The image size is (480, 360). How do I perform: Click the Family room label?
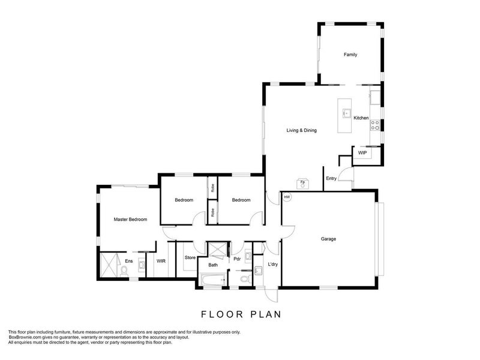[x=350, y=55]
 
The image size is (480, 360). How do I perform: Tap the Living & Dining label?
[x=302, y=130]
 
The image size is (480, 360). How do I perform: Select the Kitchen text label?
[x=361, y=118]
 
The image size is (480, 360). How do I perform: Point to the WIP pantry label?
[x=362, y=153]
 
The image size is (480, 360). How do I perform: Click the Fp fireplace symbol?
[x=303, y=184]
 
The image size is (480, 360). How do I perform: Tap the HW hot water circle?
[x=287, y=197]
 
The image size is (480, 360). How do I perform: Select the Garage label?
[x=328, y=239]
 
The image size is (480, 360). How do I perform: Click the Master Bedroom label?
[x=130, y=220]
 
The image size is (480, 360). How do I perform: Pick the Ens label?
[x=129, y=261]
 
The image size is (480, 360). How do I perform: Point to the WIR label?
[x=161, y=261]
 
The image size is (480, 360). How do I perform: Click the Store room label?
[x=190, y=258]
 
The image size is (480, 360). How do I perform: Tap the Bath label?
[x=213, y=265]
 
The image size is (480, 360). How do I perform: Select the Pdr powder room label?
[x=237, y=259]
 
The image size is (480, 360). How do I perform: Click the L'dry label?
[x=273, y=264]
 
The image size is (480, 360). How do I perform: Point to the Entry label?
[x=331, y=178]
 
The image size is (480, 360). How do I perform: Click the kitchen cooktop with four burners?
[x=375, y=125]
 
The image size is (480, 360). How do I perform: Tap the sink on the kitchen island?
[x=347, y=113]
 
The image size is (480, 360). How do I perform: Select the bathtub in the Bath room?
[x=213, y=280]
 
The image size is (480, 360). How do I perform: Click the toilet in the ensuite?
[x=124, y=271]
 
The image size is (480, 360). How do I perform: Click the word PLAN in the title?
[x=266, y=314]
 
